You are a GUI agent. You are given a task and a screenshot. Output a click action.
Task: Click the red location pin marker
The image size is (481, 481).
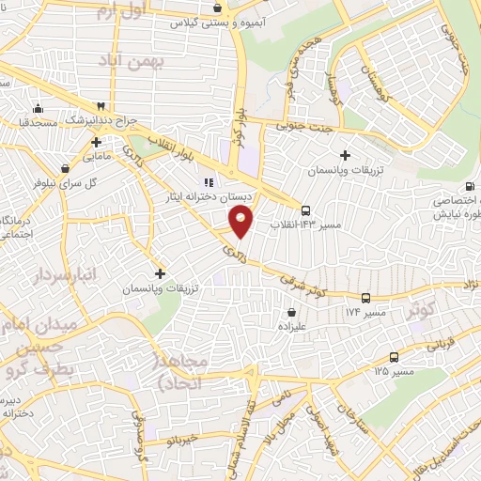click(x=241, y=223)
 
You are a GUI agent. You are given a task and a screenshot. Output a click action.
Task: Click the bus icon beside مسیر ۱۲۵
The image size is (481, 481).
click(x=393, y=357)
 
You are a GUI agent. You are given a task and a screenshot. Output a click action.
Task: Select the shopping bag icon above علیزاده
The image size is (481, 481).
click(x=291, y=312)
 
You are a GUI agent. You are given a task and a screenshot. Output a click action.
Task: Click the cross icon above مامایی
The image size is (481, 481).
click(x=97, y=143)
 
